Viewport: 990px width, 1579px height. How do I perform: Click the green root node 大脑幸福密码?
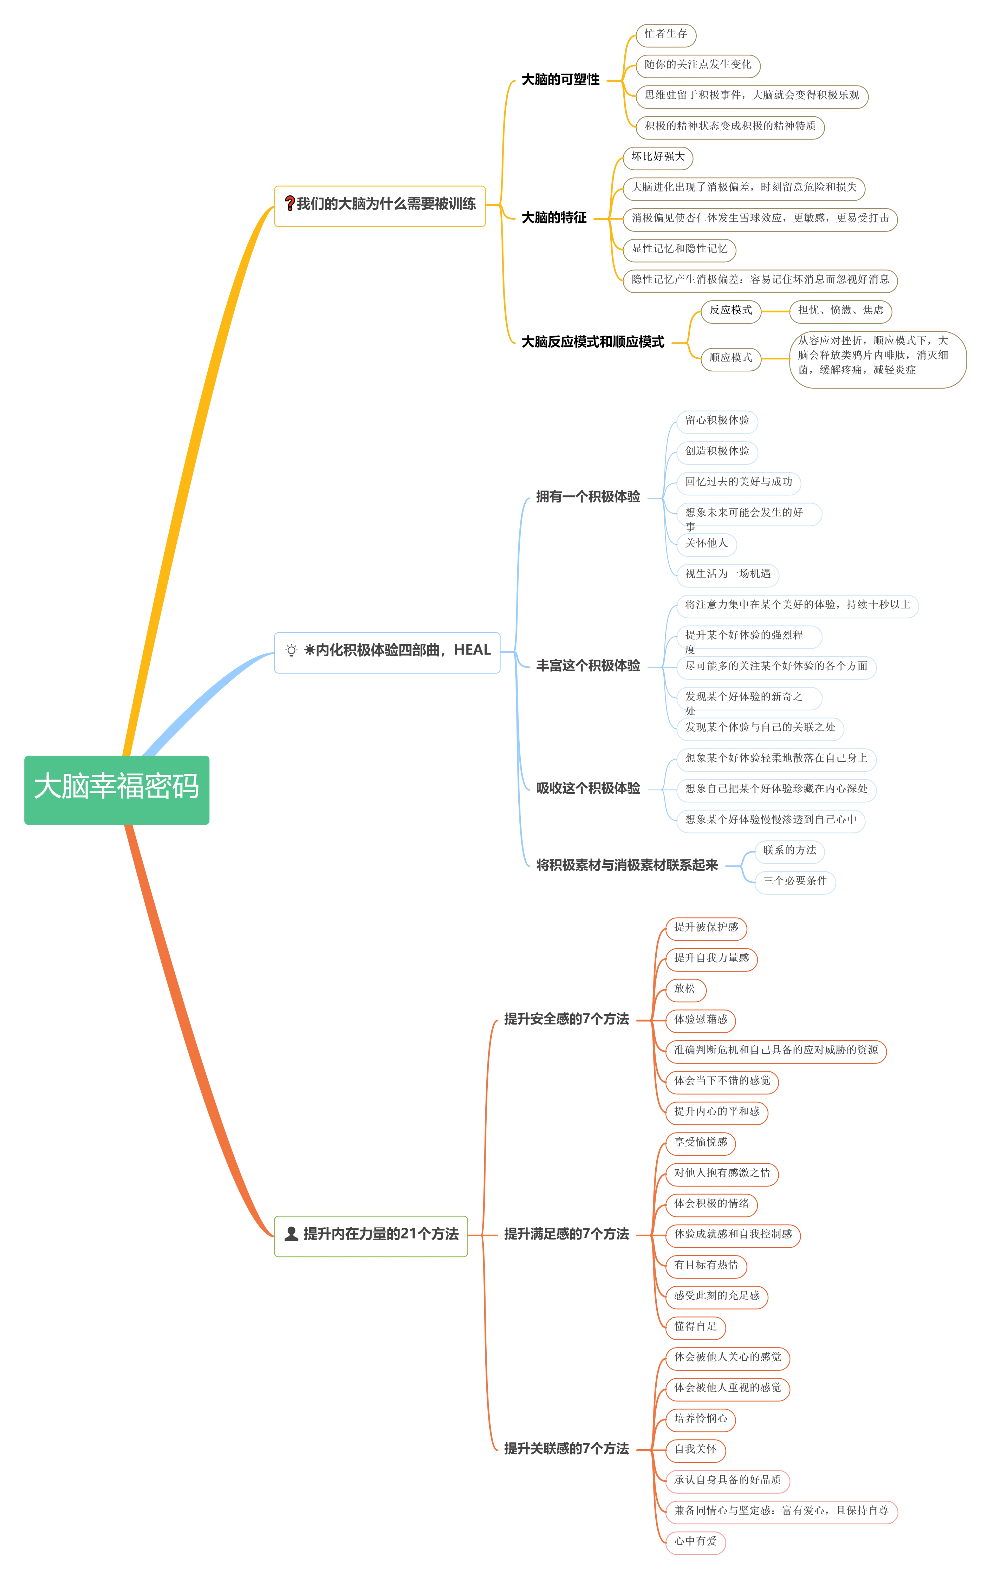point(117,790)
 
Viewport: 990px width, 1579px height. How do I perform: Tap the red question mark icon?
point(289,204)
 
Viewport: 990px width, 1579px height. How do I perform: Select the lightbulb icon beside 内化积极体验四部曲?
point(291,650)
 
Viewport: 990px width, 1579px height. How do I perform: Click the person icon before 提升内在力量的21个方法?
point(291,1234)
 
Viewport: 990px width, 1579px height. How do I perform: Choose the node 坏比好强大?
point(658,157)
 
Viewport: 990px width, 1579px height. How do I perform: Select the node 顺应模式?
point(731,358)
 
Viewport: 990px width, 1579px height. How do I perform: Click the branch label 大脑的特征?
point(554,218)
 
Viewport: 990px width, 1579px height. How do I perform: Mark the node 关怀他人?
point(707,543)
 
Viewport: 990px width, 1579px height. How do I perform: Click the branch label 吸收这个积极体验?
point(588,789)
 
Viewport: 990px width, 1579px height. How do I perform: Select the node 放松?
point(685,989)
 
